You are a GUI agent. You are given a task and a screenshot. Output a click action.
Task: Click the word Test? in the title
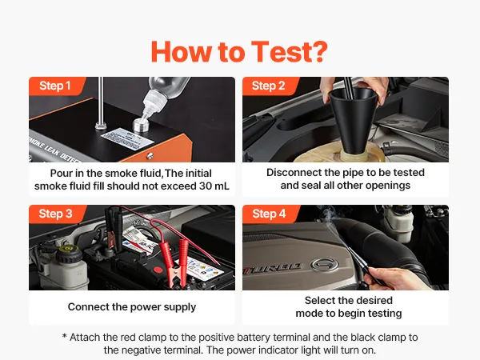click(290, 52)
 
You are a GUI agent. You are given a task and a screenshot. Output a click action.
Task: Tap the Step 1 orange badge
click(57, 86)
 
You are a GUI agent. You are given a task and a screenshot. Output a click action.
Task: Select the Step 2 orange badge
click(270, 86)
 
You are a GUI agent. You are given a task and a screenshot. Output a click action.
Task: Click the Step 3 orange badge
click(58, 214)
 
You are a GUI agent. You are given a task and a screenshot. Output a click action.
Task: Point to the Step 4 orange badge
click(270, 214)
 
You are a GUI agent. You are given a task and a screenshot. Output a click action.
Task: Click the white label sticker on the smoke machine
click(127, 138)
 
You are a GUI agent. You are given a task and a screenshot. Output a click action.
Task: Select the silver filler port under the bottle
click(141, 125)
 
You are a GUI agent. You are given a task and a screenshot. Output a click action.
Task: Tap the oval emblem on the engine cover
click(325, 265)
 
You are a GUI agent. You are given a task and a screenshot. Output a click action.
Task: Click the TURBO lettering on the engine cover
click(273, 269)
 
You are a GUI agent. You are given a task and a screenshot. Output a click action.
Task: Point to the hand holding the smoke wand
click(395, 278)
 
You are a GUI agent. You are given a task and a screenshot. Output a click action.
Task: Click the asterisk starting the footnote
click(64, 336)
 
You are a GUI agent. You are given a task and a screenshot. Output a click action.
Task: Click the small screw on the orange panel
click(150, 156)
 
